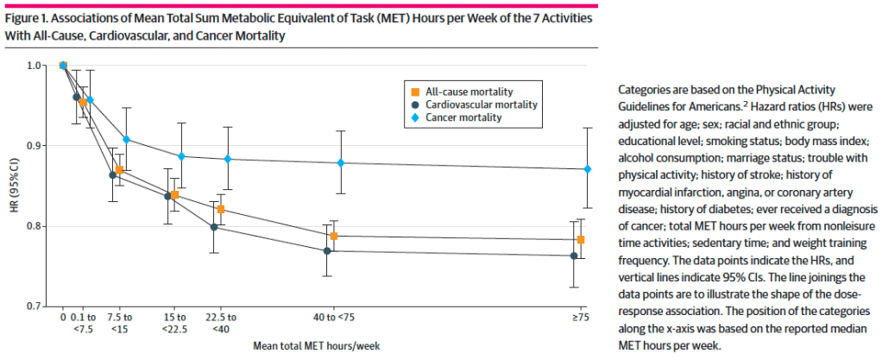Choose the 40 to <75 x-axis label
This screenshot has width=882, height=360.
pos(332,319)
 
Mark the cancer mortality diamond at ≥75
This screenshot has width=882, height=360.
pos(588,169)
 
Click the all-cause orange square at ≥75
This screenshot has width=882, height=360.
pos(582,239)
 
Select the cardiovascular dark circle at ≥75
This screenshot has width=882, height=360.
pos(574,256)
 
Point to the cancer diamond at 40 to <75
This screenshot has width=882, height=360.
pos(341,163)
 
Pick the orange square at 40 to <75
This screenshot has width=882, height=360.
pos(333,236)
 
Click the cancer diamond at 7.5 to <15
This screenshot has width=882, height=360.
pos(127,139)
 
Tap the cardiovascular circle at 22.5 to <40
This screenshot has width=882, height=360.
pos(214,227)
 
